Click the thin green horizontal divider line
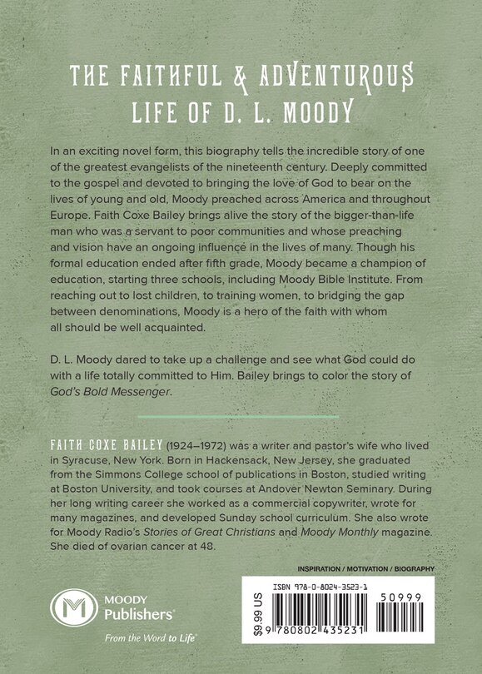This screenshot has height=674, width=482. tap(241, 415)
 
